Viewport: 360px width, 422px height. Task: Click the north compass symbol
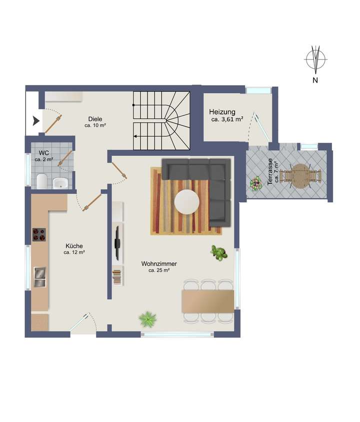[315, 59]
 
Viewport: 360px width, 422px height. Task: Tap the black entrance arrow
[35, 120]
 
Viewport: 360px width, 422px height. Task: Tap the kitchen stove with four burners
[39, 235]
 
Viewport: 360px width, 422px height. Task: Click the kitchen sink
[39, 277]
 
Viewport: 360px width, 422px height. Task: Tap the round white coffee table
[187, 201]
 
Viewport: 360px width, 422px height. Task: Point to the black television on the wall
[117, 243]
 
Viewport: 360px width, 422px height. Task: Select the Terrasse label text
[271, 172]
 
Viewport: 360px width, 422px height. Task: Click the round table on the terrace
[300, 176]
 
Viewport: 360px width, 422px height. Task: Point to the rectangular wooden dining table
[208, 301]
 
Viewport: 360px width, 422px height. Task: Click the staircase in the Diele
[161, 120]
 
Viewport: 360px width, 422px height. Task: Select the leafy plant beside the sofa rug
[218, 253]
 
